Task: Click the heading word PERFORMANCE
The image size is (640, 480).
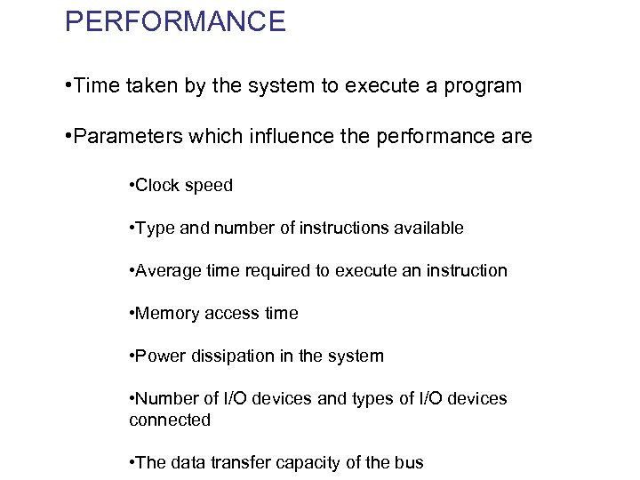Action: pyautogui.click(x=175, y=20)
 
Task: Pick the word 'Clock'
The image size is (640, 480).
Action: pyautogui.click(x=158, y=185)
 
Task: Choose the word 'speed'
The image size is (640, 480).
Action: pyautogui.click(x=209, y=185)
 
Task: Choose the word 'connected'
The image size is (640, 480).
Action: pyautogui.click(x=170, y=420)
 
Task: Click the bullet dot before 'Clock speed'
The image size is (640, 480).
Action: pyautogui.click(x=132, y=186)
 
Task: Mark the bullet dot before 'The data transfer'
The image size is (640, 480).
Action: pyautogui.click(x=132, y=463)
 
